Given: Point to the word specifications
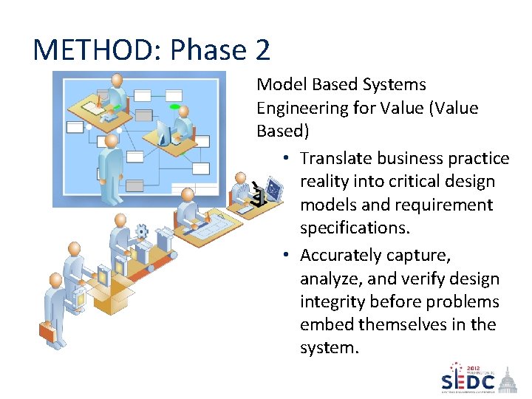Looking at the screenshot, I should pos(354,228).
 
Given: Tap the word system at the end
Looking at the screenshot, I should pos(327,347).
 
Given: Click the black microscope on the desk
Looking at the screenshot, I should pos(259,195).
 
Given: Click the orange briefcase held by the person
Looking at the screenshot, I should pos(48,332).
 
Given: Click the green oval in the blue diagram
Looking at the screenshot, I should pos(175,107).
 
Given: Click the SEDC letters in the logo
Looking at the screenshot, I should pos(468,382).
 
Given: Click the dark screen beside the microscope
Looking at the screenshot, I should pos(274,189).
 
